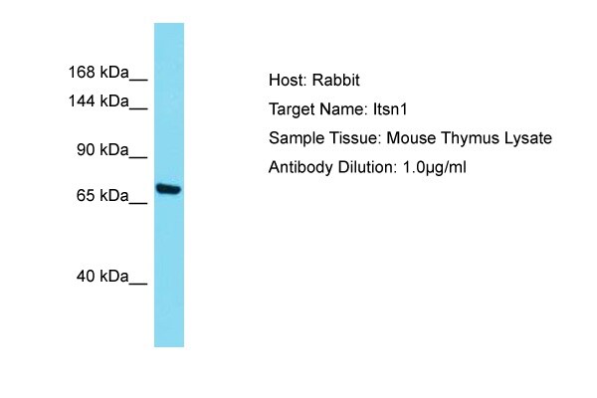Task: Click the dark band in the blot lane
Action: click(169, 189)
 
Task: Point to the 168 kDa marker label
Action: click(99, 72)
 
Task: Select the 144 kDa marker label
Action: click(99, 101)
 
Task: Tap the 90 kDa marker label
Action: click(102, 149)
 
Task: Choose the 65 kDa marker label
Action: click(102, 195)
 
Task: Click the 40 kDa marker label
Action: click(102, 277)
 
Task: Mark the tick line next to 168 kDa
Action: click(138, 80)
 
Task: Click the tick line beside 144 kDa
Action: click(138, 109)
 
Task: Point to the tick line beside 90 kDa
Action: click(138, 157)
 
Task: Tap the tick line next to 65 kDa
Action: click(138, 203)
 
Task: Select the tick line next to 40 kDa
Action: click(138, 284)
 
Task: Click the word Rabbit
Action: click(336, 80)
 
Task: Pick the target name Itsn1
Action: click(390, 109)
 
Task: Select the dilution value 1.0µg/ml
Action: click(434, 167)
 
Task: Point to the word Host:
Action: click(288, 80)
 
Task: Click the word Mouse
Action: click(411, 138)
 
